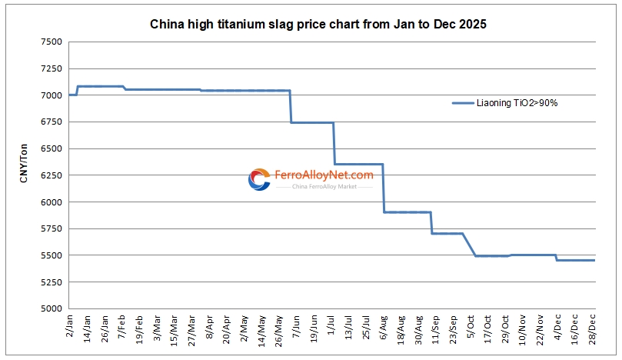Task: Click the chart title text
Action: coord(318,25)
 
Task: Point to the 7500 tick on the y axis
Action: coord(52,42)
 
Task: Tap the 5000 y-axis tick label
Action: coord(52,308)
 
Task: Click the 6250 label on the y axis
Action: coord(52,175)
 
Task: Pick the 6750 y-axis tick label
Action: coord(52,122)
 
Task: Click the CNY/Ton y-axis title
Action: coord(24,175)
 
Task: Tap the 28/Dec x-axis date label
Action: coord(593,330)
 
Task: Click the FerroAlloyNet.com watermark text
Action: coord(323,175)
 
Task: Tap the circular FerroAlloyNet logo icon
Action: coord(259,179)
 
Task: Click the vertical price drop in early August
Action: coord(384,188)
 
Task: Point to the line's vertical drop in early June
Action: coord(291,106)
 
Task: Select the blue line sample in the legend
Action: coord(463,102)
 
